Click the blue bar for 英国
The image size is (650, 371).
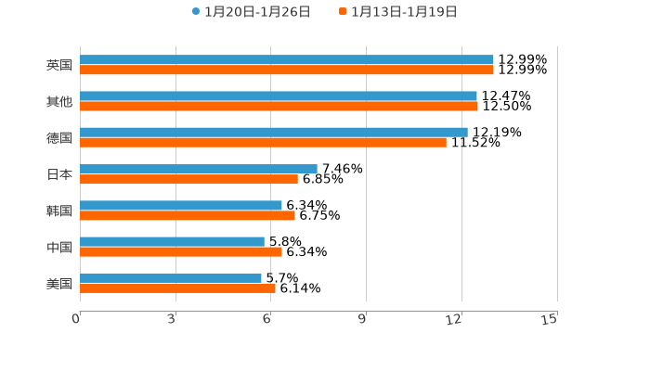tap(287, 60)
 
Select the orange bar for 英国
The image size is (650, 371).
tap(287, 70)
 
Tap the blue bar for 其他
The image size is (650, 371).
tap(279, 96)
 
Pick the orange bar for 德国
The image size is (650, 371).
tap(263, 143)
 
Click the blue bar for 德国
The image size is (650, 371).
tap(274, 133)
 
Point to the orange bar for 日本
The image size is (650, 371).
tap(188, 179)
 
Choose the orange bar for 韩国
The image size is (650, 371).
tap(188, 215)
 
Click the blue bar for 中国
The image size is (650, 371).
tap(172, 242)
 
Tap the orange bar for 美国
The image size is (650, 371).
tap(177, 288)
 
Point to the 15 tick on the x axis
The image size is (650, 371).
tap(550, 319)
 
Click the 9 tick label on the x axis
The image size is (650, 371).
tap(362, 319)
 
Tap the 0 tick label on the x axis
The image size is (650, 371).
tap(76, 319)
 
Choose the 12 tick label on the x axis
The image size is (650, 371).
tap(454, 319)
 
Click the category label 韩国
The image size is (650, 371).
tap(59, 211)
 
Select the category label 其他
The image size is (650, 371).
tap(59, 101)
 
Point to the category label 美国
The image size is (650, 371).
tap(59, 283)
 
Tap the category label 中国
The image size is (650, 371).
tap(59, 247)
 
